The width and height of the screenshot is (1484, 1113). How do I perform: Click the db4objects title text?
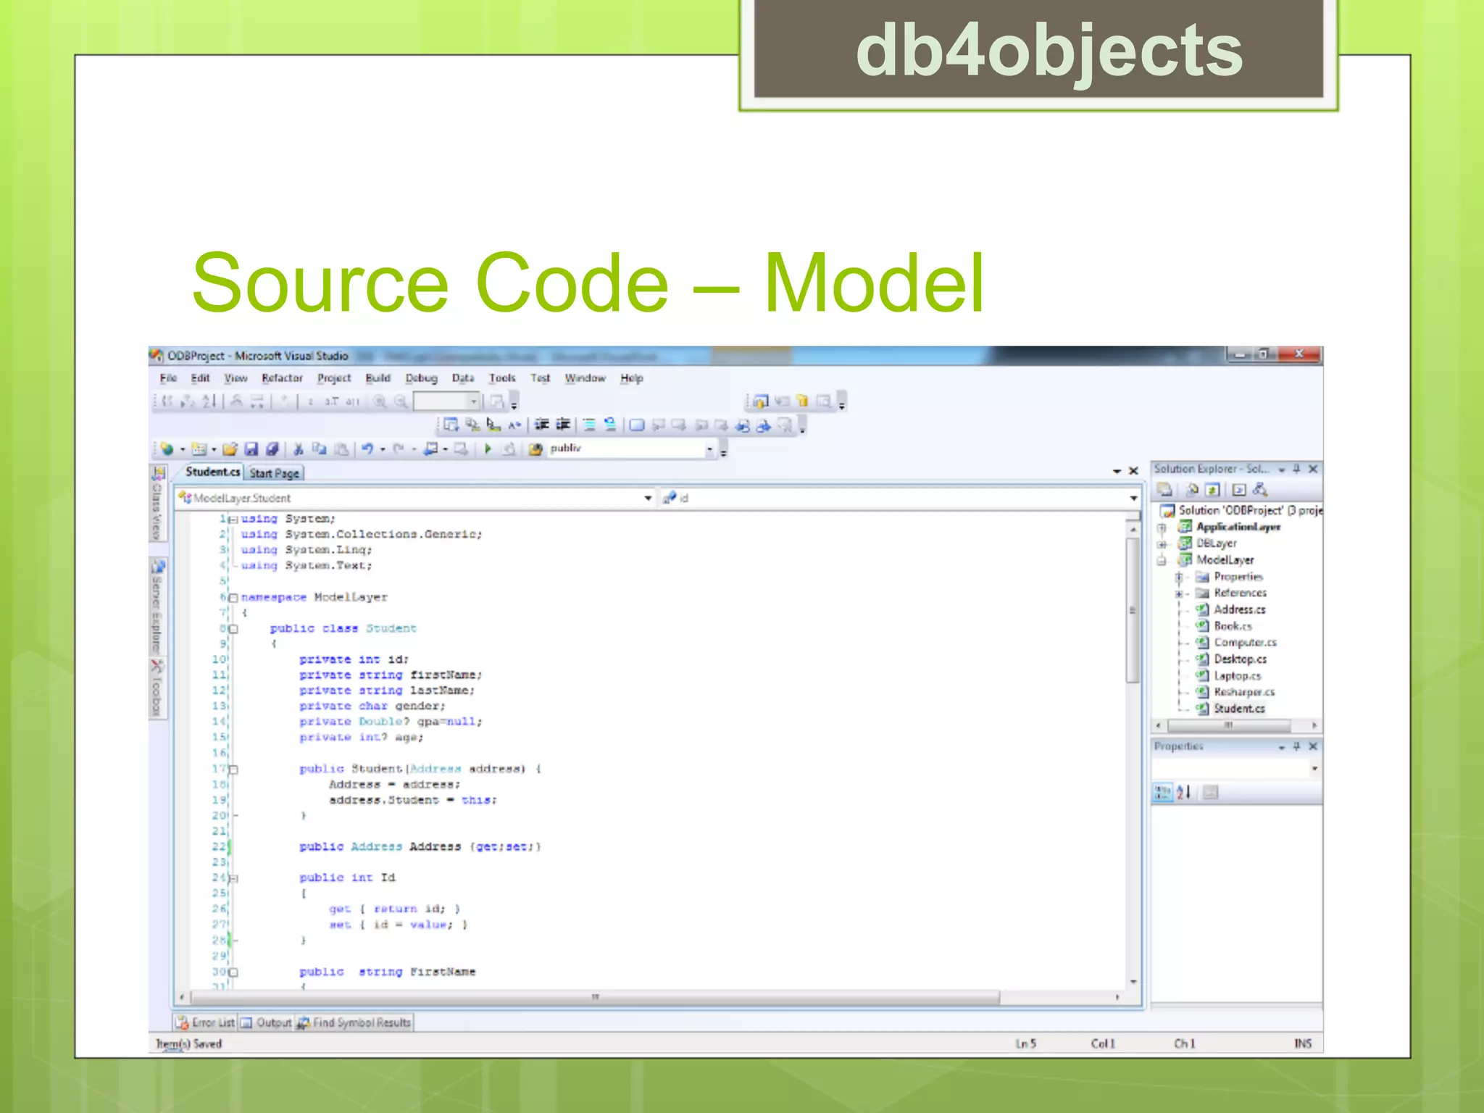[1049, 51]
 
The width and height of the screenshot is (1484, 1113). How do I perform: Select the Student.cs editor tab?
[212, 472]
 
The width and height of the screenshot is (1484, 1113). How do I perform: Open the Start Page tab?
[274, 473]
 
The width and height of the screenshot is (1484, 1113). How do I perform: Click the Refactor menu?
[282, 378]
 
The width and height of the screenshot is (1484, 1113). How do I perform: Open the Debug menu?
[421, 378]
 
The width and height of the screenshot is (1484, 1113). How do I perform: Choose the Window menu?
[585, 378]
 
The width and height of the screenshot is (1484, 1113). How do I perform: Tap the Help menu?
[631, 378]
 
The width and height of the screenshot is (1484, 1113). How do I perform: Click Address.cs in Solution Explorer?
[1239, 609]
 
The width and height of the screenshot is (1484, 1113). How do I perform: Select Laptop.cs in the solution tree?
[1237, 675]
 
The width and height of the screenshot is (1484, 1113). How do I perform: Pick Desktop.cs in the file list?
[1240, 659]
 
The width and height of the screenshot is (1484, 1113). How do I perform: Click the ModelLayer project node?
[1225, 559]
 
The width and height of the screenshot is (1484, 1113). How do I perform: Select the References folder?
[1240, 593]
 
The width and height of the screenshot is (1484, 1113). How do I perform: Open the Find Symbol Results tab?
[361, 1022]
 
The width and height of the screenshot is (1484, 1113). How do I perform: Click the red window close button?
[1299, 354]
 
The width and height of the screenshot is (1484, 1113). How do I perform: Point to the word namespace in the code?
[273, 597]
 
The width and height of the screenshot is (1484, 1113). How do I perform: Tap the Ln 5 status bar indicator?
[1025, 1043]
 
